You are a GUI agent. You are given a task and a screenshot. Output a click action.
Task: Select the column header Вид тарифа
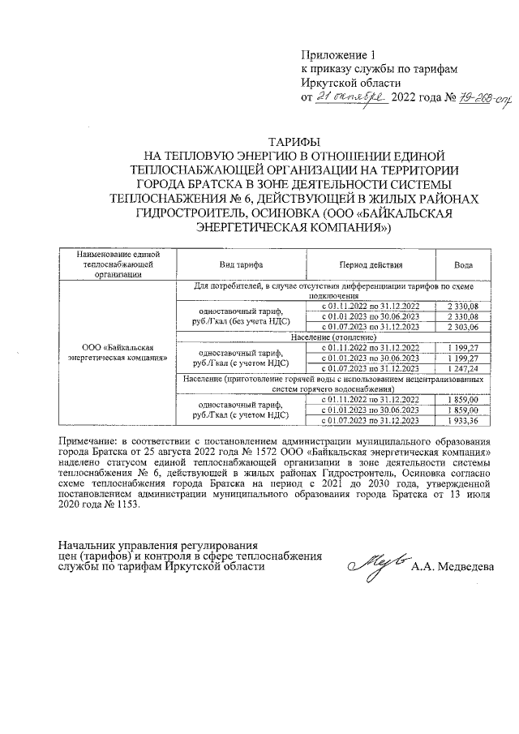point(241,265)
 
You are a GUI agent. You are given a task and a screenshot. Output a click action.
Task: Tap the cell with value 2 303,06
point(463,326)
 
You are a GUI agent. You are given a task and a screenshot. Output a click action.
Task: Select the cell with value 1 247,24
point(463,367)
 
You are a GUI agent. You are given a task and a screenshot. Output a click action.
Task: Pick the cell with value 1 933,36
point(463,421)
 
